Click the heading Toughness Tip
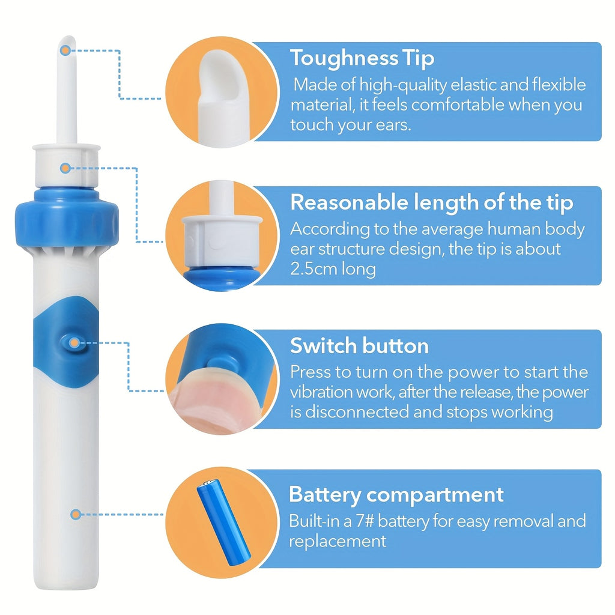362,58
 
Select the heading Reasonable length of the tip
431,203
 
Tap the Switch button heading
359,346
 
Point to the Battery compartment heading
396,495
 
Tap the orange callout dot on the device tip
65,50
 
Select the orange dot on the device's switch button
74,343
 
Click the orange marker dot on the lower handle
76,514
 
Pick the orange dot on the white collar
65,168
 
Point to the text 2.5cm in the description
313,269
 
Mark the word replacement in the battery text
338,542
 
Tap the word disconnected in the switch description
357,412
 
